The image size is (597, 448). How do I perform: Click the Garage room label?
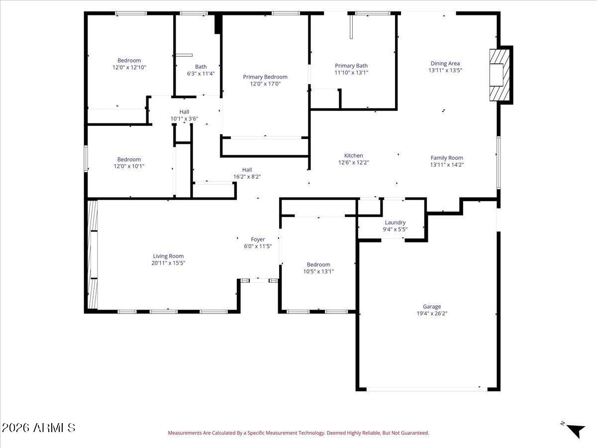[432, 307]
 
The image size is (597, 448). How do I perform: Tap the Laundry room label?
[395, 223]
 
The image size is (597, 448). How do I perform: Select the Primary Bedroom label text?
[265, 77]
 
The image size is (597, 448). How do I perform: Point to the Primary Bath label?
[351, 66]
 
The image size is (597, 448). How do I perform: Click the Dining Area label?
[445, 63]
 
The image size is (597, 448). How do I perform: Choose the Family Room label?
[447, 158]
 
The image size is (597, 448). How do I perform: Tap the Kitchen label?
[354, 155]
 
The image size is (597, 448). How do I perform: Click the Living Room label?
[168, 256]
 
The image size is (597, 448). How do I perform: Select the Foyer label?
[258, 239]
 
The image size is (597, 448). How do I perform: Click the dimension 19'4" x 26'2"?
[432, 314]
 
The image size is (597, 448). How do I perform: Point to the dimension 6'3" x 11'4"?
[200, 74]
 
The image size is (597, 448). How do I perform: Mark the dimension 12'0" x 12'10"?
[129, 67]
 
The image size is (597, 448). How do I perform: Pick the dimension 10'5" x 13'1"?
[318, 271]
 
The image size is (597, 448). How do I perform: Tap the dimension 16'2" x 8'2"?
[247, 176]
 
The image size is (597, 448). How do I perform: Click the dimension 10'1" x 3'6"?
[184, 118]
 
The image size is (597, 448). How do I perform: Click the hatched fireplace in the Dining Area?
[497, 75]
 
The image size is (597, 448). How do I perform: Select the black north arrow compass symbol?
[576, 430]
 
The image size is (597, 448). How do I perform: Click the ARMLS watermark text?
[38, 428]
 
